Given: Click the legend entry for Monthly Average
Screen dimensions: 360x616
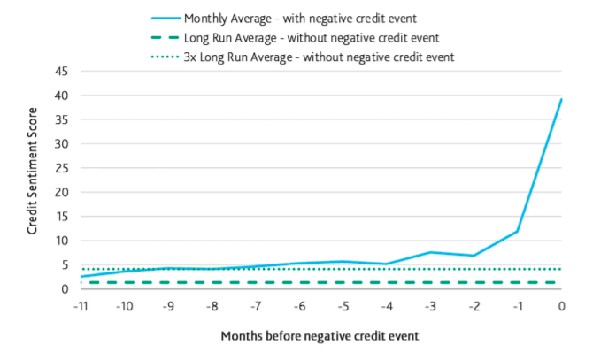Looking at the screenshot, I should [x=302, y=17].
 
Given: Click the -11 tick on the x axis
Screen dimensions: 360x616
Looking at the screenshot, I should [x=81, y=306].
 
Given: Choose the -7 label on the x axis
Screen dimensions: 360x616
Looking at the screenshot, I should [x=255, y=306].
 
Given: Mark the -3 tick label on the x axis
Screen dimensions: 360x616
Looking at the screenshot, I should [x=430, y=306].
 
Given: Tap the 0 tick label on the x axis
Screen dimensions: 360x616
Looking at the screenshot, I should [x=562, y=306].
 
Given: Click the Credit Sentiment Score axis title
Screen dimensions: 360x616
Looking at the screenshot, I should [x=33, y=180].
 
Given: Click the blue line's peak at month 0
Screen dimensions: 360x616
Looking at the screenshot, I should [x=562, y=99].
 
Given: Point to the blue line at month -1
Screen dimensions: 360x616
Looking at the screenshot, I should [x=518, y=231].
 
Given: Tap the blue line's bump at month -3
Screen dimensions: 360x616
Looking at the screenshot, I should [x=430, y=252].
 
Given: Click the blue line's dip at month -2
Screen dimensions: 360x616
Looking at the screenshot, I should [x=474, y=256].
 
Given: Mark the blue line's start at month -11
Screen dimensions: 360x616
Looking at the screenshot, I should [x=81, y=277].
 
